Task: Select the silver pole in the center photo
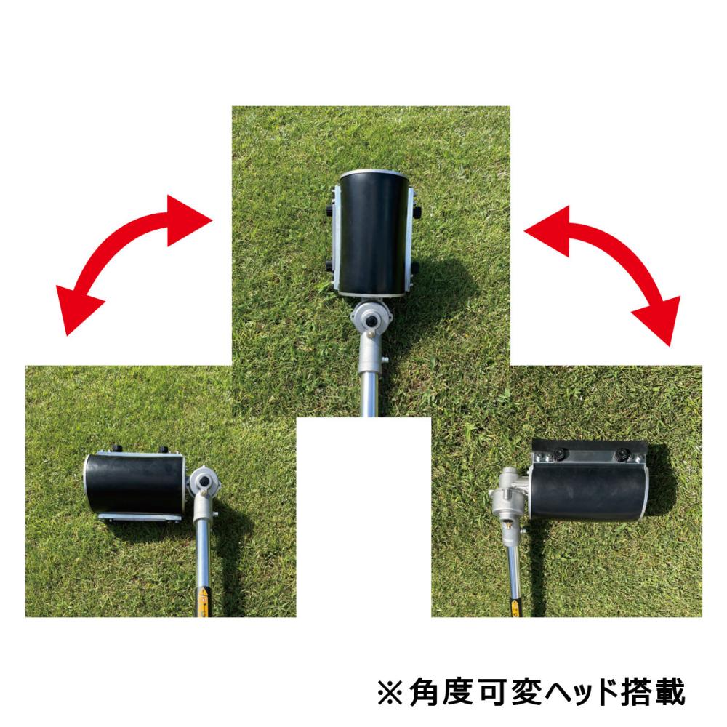point(371,392)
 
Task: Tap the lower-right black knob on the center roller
point(416,268)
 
